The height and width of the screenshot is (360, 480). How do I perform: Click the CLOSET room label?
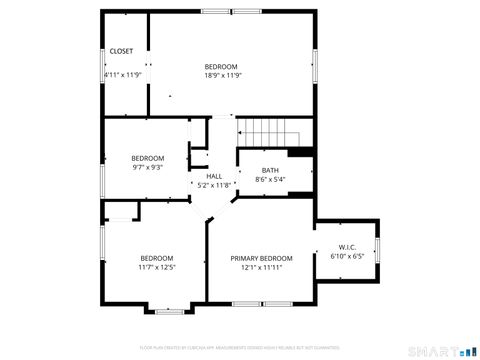click(121, 50)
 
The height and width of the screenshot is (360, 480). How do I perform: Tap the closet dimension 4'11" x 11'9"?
click(123, 74)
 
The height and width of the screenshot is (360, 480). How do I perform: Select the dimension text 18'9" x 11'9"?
click(222, 75)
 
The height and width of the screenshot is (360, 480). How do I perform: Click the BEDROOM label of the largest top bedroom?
click(222, 66)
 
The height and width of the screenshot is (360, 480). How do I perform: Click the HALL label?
click(214, 176)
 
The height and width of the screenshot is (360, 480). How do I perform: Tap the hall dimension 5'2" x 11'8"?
click(214, 185)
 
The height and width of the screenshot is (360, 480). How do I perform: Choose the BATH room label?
click(270, 170)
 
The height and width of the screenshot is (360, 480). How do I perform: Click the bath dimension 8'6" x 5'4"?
click(270, 180)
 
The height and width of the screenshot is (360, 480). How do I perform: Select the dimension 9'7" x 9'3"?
click(148, 167)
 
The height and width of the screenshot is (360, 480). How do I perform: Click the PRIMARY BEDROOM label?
click(262, 258)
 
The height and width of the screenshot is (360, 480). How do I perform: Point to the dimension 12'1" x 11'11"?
click(262, 267)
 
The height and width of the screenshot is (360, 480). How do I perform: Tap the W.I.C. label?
click(347, 247)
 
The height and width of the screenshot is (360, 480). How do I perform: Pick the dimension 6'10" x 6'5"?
click(347, 256)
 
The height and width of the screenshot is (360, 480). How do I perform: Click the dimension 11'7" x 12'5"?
click(157, 267)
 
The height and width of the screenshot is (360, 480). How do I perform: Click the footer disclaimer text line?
click(240, 347)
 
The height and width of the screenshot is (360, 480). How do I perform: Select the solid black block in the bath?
click(301, 153)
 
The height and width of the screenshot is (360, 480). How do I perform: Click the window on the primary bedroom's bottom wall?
click(262, 302)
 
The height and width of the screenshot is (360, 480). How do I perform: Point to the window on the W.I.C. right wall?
click(378, 248)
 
